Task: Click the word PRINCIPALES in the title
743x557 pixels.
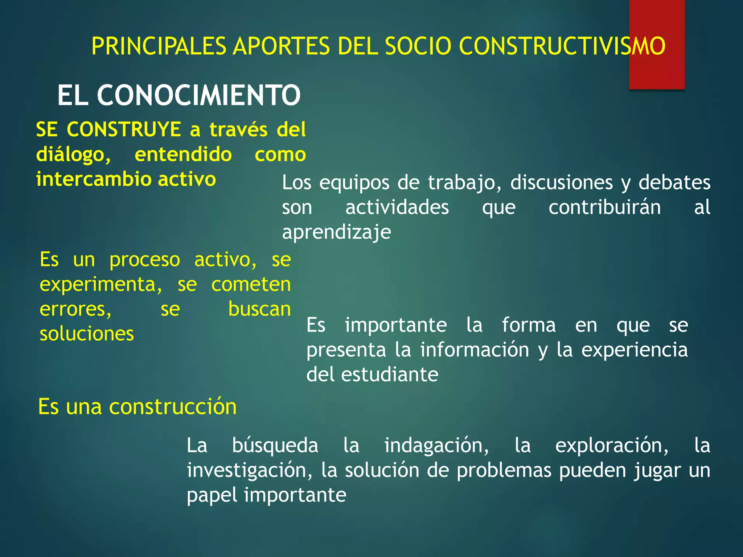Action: (x=159, y=46)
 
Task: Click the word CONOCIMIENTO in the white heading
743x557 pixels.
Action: (x=198, y=95)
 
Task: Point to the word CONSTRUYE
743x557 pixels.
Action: (x=124, y=129)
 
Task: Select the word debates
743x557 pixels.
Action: (x=674, y=182)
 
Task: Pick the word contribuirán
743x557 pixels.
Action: (x=604, y=207)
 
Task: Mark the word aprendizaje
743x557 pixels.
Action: (x=336, y=232)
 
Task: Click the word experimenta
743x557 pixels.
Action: (x=101, y=285)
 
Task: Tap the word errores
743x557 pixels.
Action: (x=75, y=309)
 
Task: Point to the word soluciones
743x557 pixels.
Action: (x=87, y=334)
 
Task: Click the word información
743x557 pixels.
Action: (x=475, y=350)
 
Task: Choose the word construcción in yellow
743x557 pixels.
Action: (x=173, y=407)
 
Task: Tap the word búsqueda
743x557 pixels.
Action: (x=275, y=446)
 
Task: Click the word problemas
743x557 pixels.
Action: (x=504, y=470)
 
